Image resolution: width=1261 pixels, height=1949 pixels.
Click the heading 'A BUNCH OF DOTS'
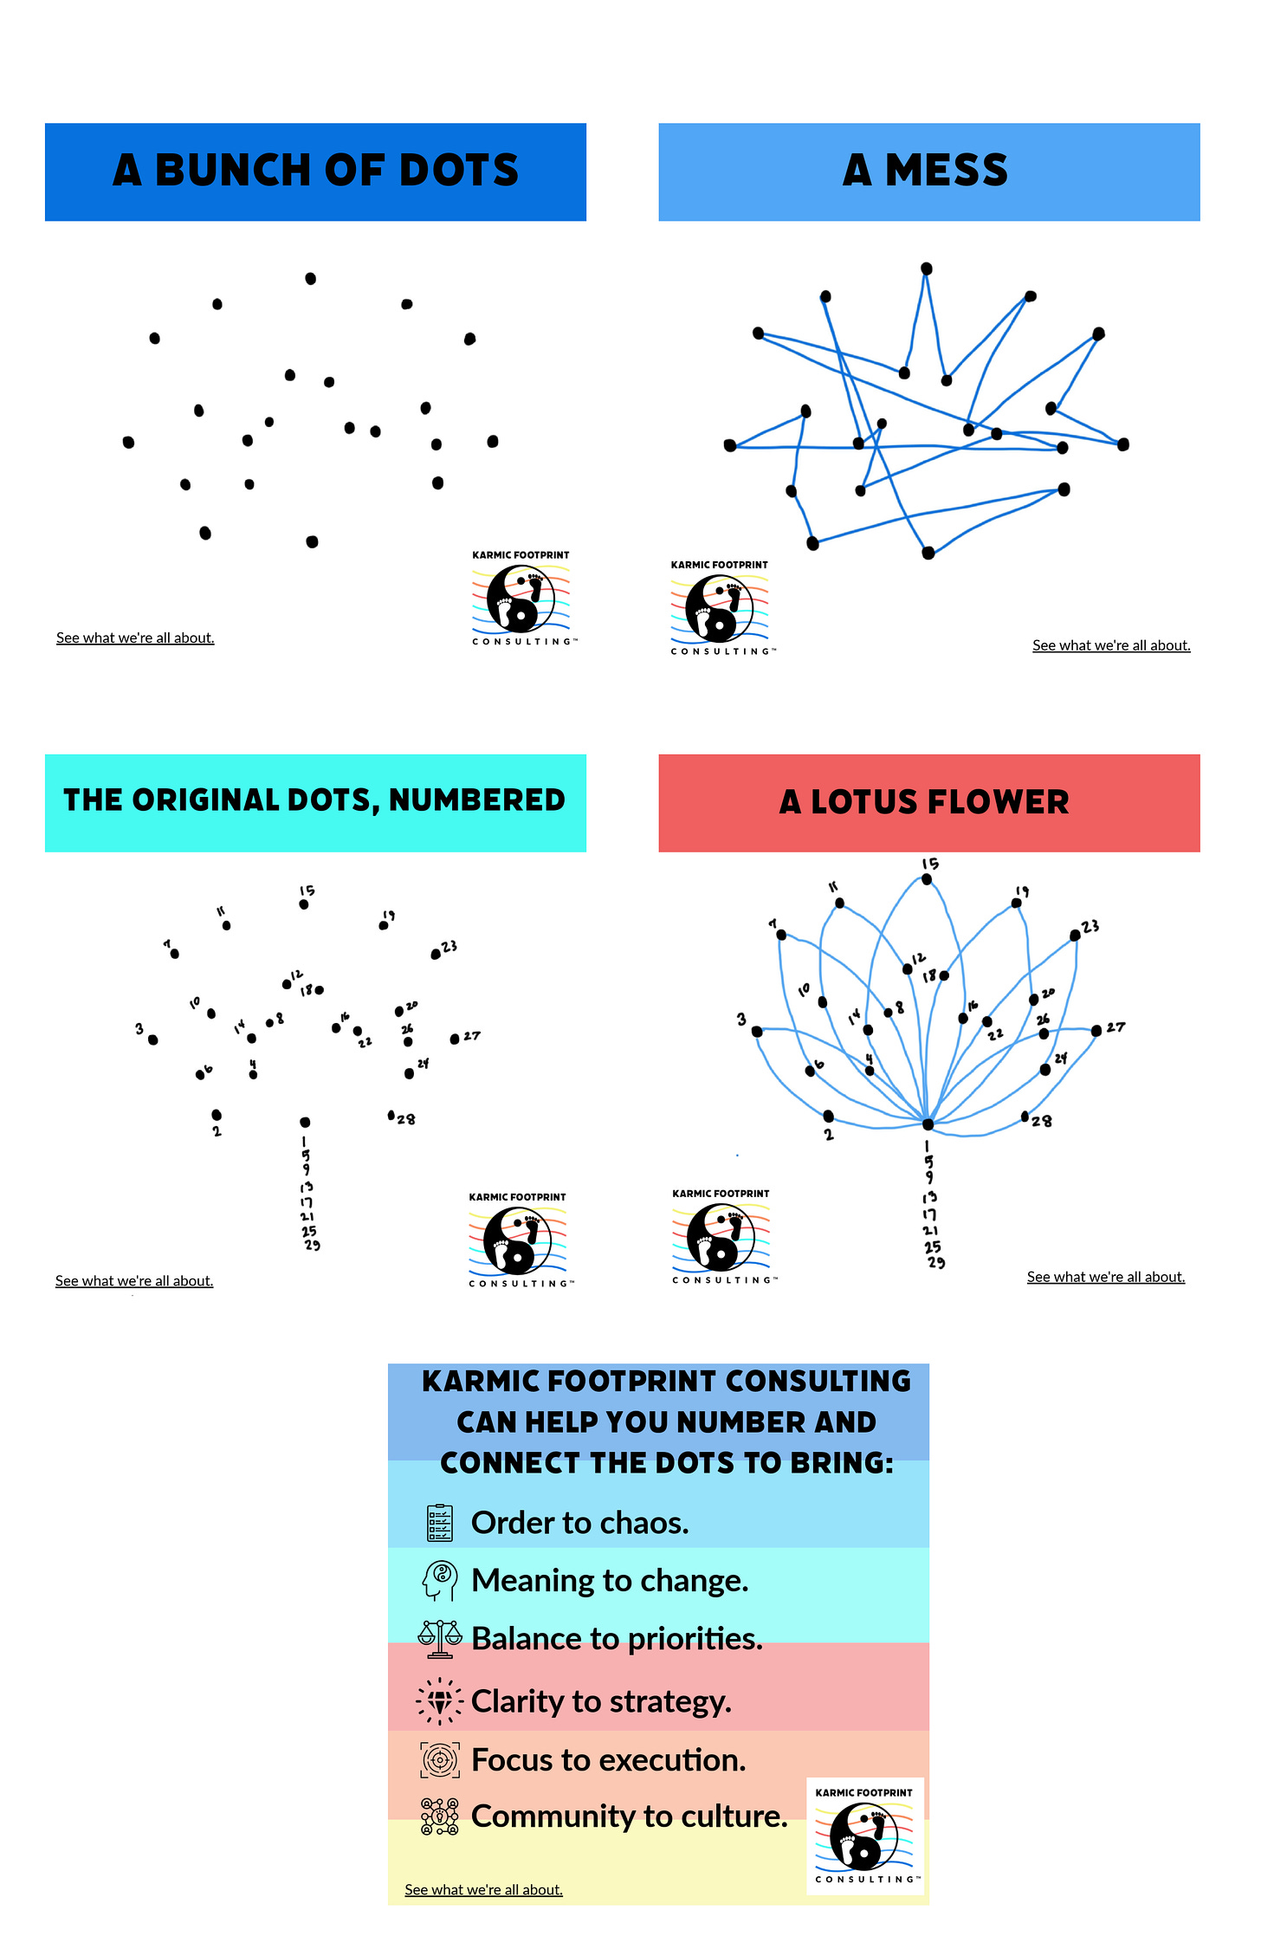click(x=315, y=171)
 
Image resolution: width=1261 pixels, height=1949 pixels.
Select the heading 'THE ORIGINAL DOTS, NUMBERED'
click(x=315, y=801)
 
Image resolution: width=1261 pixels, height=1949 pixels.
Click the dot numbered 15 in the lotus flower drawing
click(x=927, y=879)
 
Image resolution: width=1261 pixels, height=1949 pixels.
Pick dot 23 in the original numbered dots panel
click(x=436, y=955)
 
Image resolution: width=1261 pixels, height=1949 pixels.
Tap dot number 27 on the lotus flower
click(x=1096, y=1030)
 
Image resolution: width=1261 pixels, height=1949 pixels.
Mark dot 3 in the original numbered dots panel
click(x=153, y=1039)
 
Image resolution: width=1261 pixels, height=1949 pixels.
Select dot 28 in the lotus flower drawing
click(x=1025, y=1116)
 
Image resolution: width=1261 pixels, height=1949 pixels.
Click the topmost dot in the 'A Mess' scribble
click(x=927, y=269)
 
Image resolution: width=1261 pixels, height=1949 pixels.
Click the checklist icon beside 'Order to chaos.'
click(x=440, y=1523)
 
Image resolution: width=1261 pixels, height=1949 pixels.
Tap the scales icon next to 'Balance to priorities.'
click(x=440, y=1639)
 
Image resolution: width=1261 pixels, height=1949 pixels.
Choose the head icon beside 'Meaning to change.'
click(x=440, y=1581)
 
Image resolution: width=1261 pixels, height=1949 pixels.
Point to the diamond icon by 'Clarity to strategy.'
click(x=440, y=1701)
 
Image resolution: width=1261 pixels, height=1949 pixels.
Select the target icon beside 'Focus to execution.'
click(x=440, y=1760)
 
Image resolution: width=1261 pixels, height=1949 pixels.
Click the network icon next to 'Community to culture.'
click(x=440, y=1816)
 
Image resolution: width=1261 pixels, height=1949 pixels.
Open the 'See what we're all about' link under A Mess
click(x=1111, y=645)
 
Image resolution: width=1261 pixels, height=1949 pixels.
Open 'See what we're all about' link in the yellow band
click(x=483, y=1889)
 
